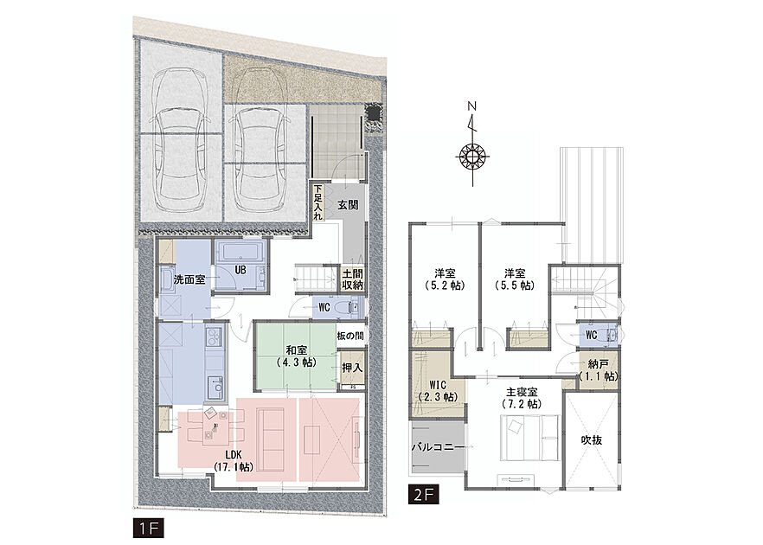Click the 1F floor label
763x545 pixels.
click(x=149, y=529)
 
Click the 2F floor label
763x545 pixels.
click(x=424, y=495)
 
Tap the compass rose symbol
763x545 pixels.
click(x=472, y=157)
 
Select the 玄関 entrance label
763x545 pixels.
click(x=348, y=205)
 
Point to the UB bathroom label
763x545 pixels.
click(x=240, y=270)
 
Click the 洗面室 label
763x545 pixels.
click(x=189, y=280)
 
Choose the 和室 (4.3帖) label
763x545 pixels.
click(x=296, y=356)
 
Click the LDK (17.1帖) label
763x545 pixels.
click(x=234, y=460)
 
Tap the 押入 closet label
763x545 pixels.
click(x=352, y=368)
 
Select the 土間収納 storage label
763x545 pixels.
click(x=352, y=279)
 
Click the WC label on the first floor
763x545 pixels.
click(x=324, y=308)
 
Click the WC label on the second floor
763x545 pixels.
click(x=591, y=336)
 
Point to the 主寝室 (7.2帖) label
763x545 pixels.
click(x=523, y=398)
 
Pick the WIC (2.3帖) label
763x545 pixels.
click(x=439, y=390)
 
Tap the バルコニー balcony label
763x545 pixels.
click(x=438, y=446)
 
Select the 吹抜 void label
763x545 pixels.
click(x=591, y=439)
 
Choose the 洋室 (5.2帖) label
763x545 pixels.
click(x=445, y=279)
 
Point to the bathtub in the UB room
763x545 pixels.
click(x=240, y=252)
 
